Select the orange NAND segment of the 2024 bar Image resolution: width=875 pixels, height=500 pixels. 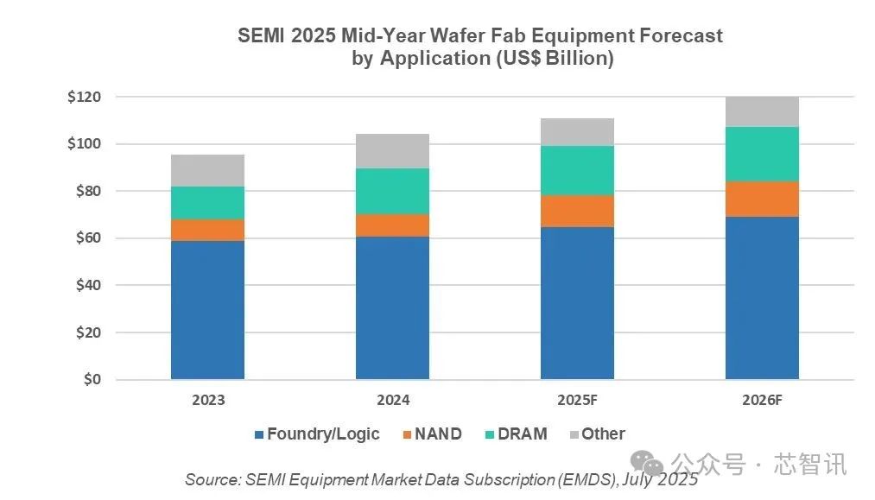[x=392, y=225]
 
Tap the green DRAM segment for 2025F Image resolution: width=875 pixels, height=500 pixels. [x=577, y=170]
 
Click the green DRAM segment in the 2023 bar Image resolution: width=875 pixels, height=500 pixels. [x=207, y=203]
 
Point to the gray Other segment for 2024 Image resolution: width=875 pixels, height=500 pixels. [x=392, y=151]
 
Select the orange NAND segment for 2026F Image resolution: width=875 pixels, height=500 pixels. [x=762, y=199]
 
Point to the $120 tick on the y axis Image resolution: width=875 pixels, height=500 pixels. [x=84, y=97]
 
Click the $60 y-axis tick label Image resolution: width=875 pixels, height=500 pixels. [x=84, y=237]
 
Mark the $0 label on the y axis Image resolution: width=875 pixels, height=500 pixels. [x=90, y=379]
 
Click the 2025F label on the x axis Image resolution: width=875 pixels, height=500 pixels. [x=577, y=400]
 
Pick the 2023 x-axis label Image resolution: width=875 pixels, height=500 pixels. [x=207, y=400]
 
